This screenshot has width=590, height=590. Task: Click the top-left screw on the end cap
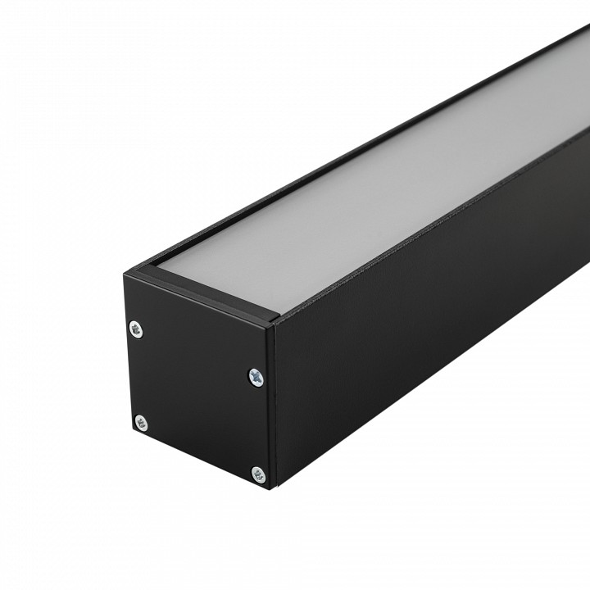(x=136, y=329)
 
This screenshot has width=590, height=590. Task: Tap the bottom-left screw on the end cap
(x=141, y=423)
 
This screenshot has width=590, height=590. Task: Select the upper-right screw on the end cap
(x=256, y=377)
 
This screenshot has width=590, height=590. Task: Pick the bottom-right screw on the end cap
(x=258, y=474)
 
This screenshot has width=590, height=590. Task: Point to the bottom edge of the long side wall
(x=434, y=393)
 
